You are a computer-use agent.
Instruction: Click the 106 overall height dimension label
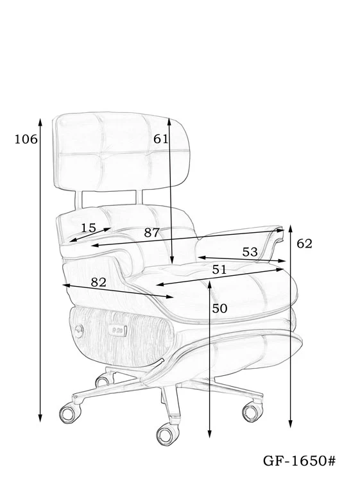pyautogui.click(x=26, y=140)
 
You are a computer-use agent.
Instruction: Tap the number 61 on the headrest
pyautogui.click(x=161, y=139)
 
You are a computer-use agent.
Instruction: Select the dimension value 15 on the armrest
pyautogui.click(x=89, y=228)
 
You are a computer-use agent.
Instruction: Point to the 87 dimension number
pyautogui.click(x=152, y=233)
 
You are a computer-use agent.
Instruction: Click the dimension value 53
pyautogui.click(x=250, y=252)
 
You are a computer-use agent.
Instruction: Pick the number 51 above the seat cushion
pyautogui.click(x=219, y=269)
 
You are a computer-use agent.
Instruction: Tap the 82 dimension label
pyautogui.click(x=99, y=282)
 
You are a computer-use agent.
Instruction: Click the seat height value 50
pyautogui.click(x=219, y=308)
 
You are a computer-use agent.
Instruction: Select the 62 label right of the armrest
pyautogui.click(x=304, y=244)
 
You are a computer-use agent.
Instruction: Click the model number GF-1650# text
pyautogui.click(x=300, y=460)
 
